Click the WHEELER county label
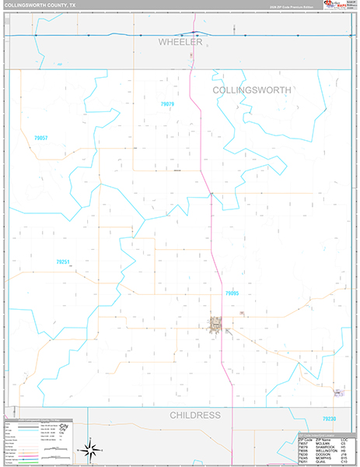(180, 42)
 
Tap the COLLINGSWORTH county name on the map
(252, 90)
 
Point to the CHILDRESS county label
(195, 416)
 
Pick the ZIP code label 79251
(63, 262)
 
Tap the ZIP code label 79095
(232, 293)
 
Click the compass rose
(90, 449)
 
